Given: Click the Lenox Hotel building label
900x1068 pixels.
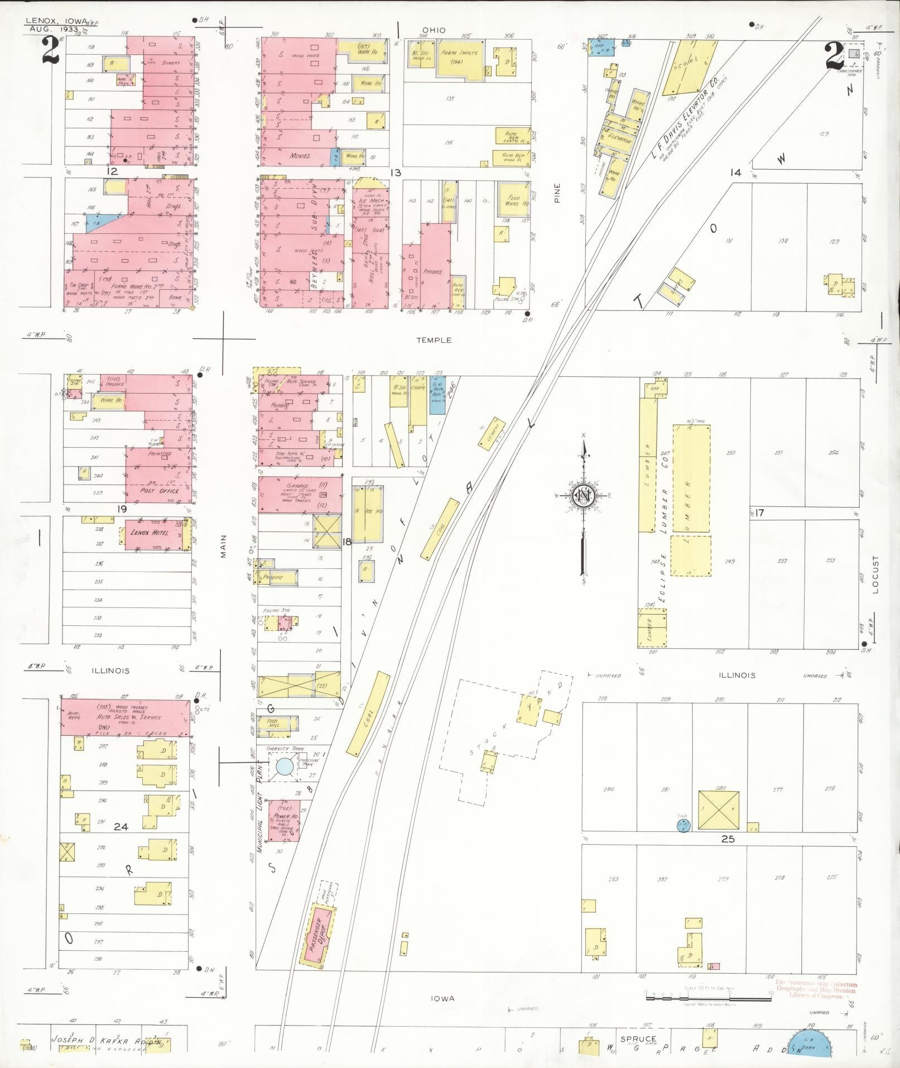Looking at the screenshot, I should pyautogui.click(x=148, y=533).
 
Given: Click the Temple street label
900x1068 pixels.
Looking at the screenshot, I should pyautogui.click(x=434, y=340).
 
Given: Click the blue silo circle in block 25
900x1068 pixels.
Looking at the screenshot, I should pyautogui.click(x=681, y=825).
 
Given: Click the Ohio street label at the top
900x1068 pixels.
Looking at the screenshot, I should pyautogui.click(x=434, y=30).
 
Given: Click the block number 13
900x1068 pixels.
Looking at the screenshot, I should pyautogui.click(x=395, y=173).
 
